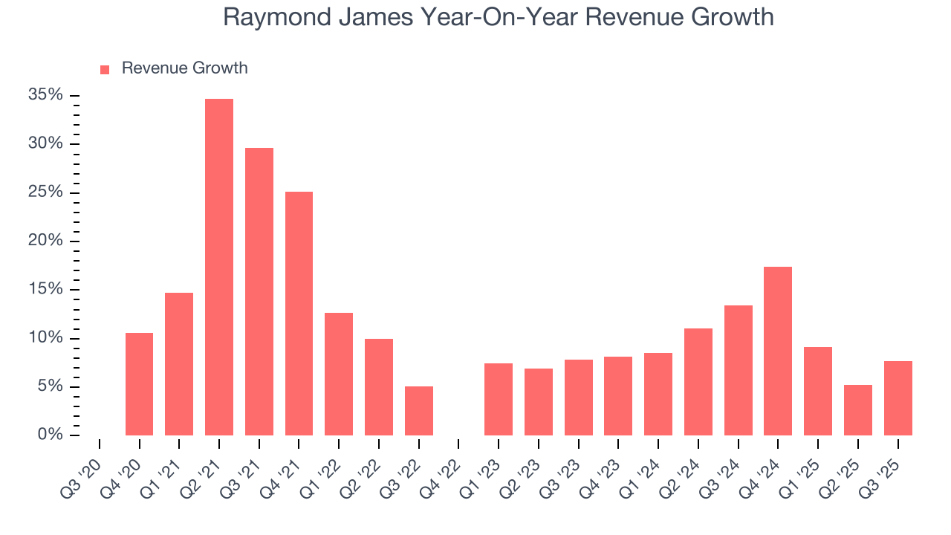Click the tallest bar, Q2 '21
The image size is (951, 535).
click(219, 267)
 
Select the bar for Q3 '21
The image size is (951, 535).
click(259, 291)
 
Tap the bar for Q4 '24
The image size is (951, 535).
click(778, 351)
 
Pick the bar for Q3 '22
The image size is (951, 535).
click(419, 411)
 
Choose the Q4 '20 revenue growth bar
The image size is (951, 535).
click(139, 384)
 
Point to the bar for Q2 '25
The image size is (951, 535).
click(858, 410)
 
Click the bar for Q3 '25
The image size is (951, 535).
click(898, 398)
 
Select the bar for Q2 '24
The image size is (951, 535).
click(698, 382)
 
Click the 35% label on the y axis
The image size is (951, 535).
click(45, 95)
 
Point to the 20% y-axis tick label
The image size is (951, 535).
click(45, 241)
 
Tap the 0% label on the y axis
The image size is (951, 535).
click(50, 435)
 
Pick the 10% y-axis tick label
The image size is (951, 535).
click(45, 338)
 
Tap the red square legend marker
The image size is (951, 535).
click(105, 69)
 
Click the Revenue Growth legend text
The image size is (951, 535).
click(184, 68)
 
